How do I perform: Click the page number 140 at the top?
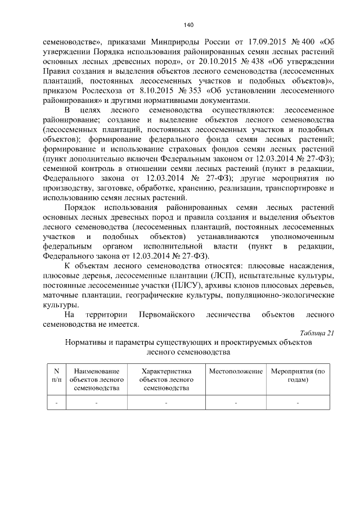click(188, 24)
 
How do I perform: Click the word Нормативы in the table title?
click(87, 342)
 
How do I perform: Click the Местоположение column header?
click(236, 372)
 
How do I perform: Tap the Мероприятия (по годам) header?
click(298, 376)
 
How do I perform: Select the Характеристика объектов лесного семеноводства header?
click(166, 380)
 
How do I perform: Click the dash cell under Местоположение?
click(236, 403)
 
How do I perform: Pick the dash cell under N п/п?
click(56, 403)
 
